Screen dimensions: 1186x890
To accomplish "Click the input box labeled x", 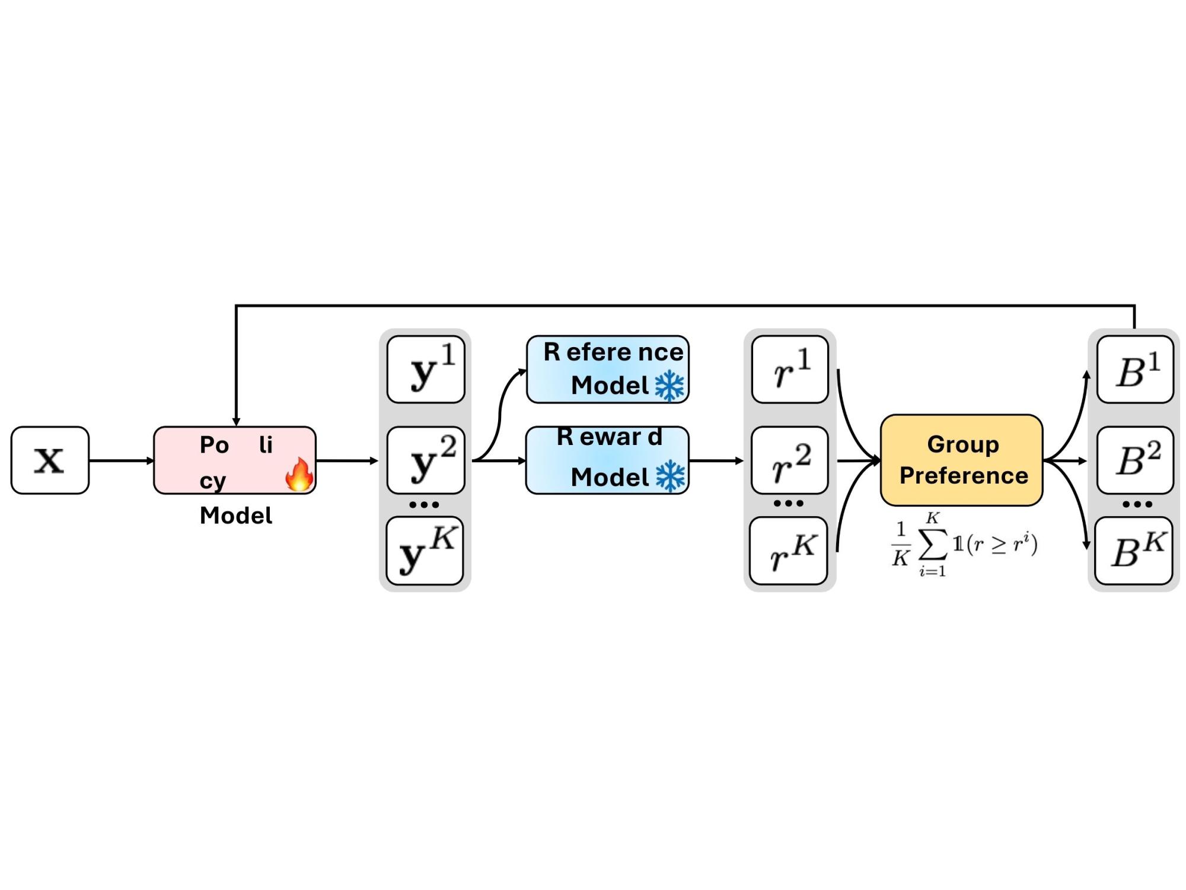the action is pyautogui.click(x=50, y=460).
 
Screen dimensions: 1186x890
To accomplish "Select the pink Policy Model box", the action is pyautogui.click(x=235, y=460).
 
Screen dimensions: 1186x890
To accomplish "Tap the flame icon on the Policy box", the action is pyautogui.click(x=299, y=474).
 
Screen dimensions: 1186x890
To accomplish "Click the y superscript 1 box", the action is pyautogui.click(x=426, y=370).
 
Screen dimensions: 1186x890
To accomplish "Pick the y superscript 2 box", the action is pyautogui.click(x=426, y=460).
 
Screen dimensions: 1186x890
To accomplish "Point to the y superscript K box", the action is pyautogui.click(x=425, y=551).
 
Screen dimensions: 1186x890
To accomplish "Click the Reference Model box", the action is pyautogui.click(x=608, y=370).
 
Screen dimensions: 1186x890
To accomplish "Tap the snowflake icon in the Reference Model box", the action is pyautogui.click(x=669, y=386).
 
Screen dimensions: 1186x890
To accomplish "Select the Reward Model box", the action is pyautogui.click(x=608, y=460).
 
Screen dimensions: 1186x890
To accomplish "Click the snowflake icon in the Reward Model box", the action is pyautogui.click(x=670, y=476).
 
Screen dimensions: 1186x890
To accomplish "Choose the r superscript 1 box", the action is pyautogui.click(x=790, y=370).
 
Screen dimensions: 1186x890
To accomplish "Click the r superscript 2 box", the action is pyautogui.click(x=790, y=460).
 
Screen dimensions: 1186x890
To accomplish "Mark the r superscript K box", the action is pyautogui.click(x=789, y=551).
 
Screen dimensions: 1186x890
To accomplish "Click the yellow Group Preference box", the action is pyautogui.click(x=961, y=460).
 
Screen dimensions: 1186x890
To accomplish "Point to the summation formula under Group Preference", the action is pyautogui.click(x=965, y=545).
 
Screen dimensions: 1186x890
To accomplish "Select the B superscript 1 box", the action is pyautogui.click(x=1135, y=370).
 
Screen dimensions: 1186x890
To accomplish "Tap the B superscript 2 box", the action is pyautogui.click(x=1135, y=460).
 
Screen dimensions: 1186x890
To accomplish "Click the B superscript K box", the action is pyautogui.click(x=1134, y=551).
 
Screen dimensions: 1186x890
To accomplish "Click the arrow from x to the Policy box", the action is pyautogui.click(x=122, y=460).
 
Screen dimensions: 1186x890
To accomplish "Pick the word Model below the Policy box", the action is pyautogui.click(x=236, y=516).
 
